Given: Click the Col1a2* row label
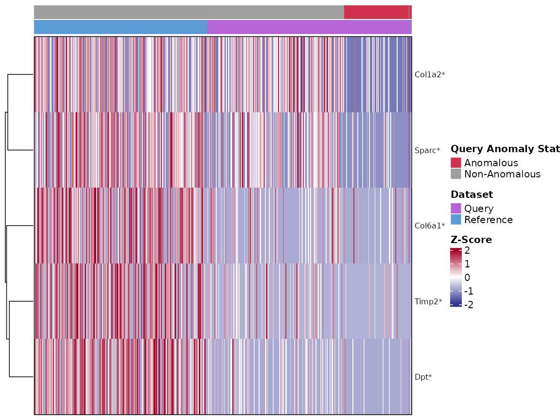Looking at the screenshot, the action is pos(430,75).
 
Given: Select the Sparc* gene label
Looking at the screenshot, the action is pos(427,150).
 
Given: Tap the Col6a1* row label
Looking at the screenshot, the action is pos(430,226).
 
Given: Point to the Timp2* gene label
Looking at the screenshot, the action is pos(428,301).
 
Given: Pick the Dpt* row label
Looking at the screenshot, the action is pos(423,377).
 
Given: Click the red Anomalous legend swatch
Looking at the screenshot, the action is pos(455,163).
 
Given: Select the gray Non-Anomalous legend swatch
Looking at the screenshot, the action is pos(455,174).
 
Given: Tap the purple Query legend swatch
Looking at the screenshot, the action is pos(455,208).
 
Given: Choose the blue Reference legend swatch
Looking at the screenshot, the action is pos(455,219).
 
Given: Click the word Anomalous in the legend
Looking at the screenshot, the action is pos(491,163).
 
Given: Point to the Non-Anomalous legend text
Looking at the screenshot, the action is pos(503,174).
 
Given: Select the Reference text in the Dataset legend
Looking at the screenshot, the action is pos(489,220).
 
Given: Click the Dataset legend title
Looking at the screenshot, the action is pos(472,194).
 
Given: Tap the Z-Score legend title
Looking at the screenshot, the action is pos(472,240).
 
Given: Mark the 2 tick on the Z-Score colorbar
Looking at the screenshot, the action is pos(467,250).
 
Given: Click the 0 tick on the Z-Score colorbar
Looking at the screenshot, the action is pos(467,278).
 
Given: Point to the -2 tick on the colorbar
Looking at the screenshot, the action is pos(469,305).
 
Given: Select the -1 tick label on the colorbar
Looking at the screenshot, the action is pos(469,291).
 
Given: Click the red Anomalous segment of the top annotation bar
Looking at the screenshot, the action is pos(378,12).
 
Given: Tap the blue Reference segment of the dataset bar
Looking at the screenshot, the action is pos(121,27).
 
